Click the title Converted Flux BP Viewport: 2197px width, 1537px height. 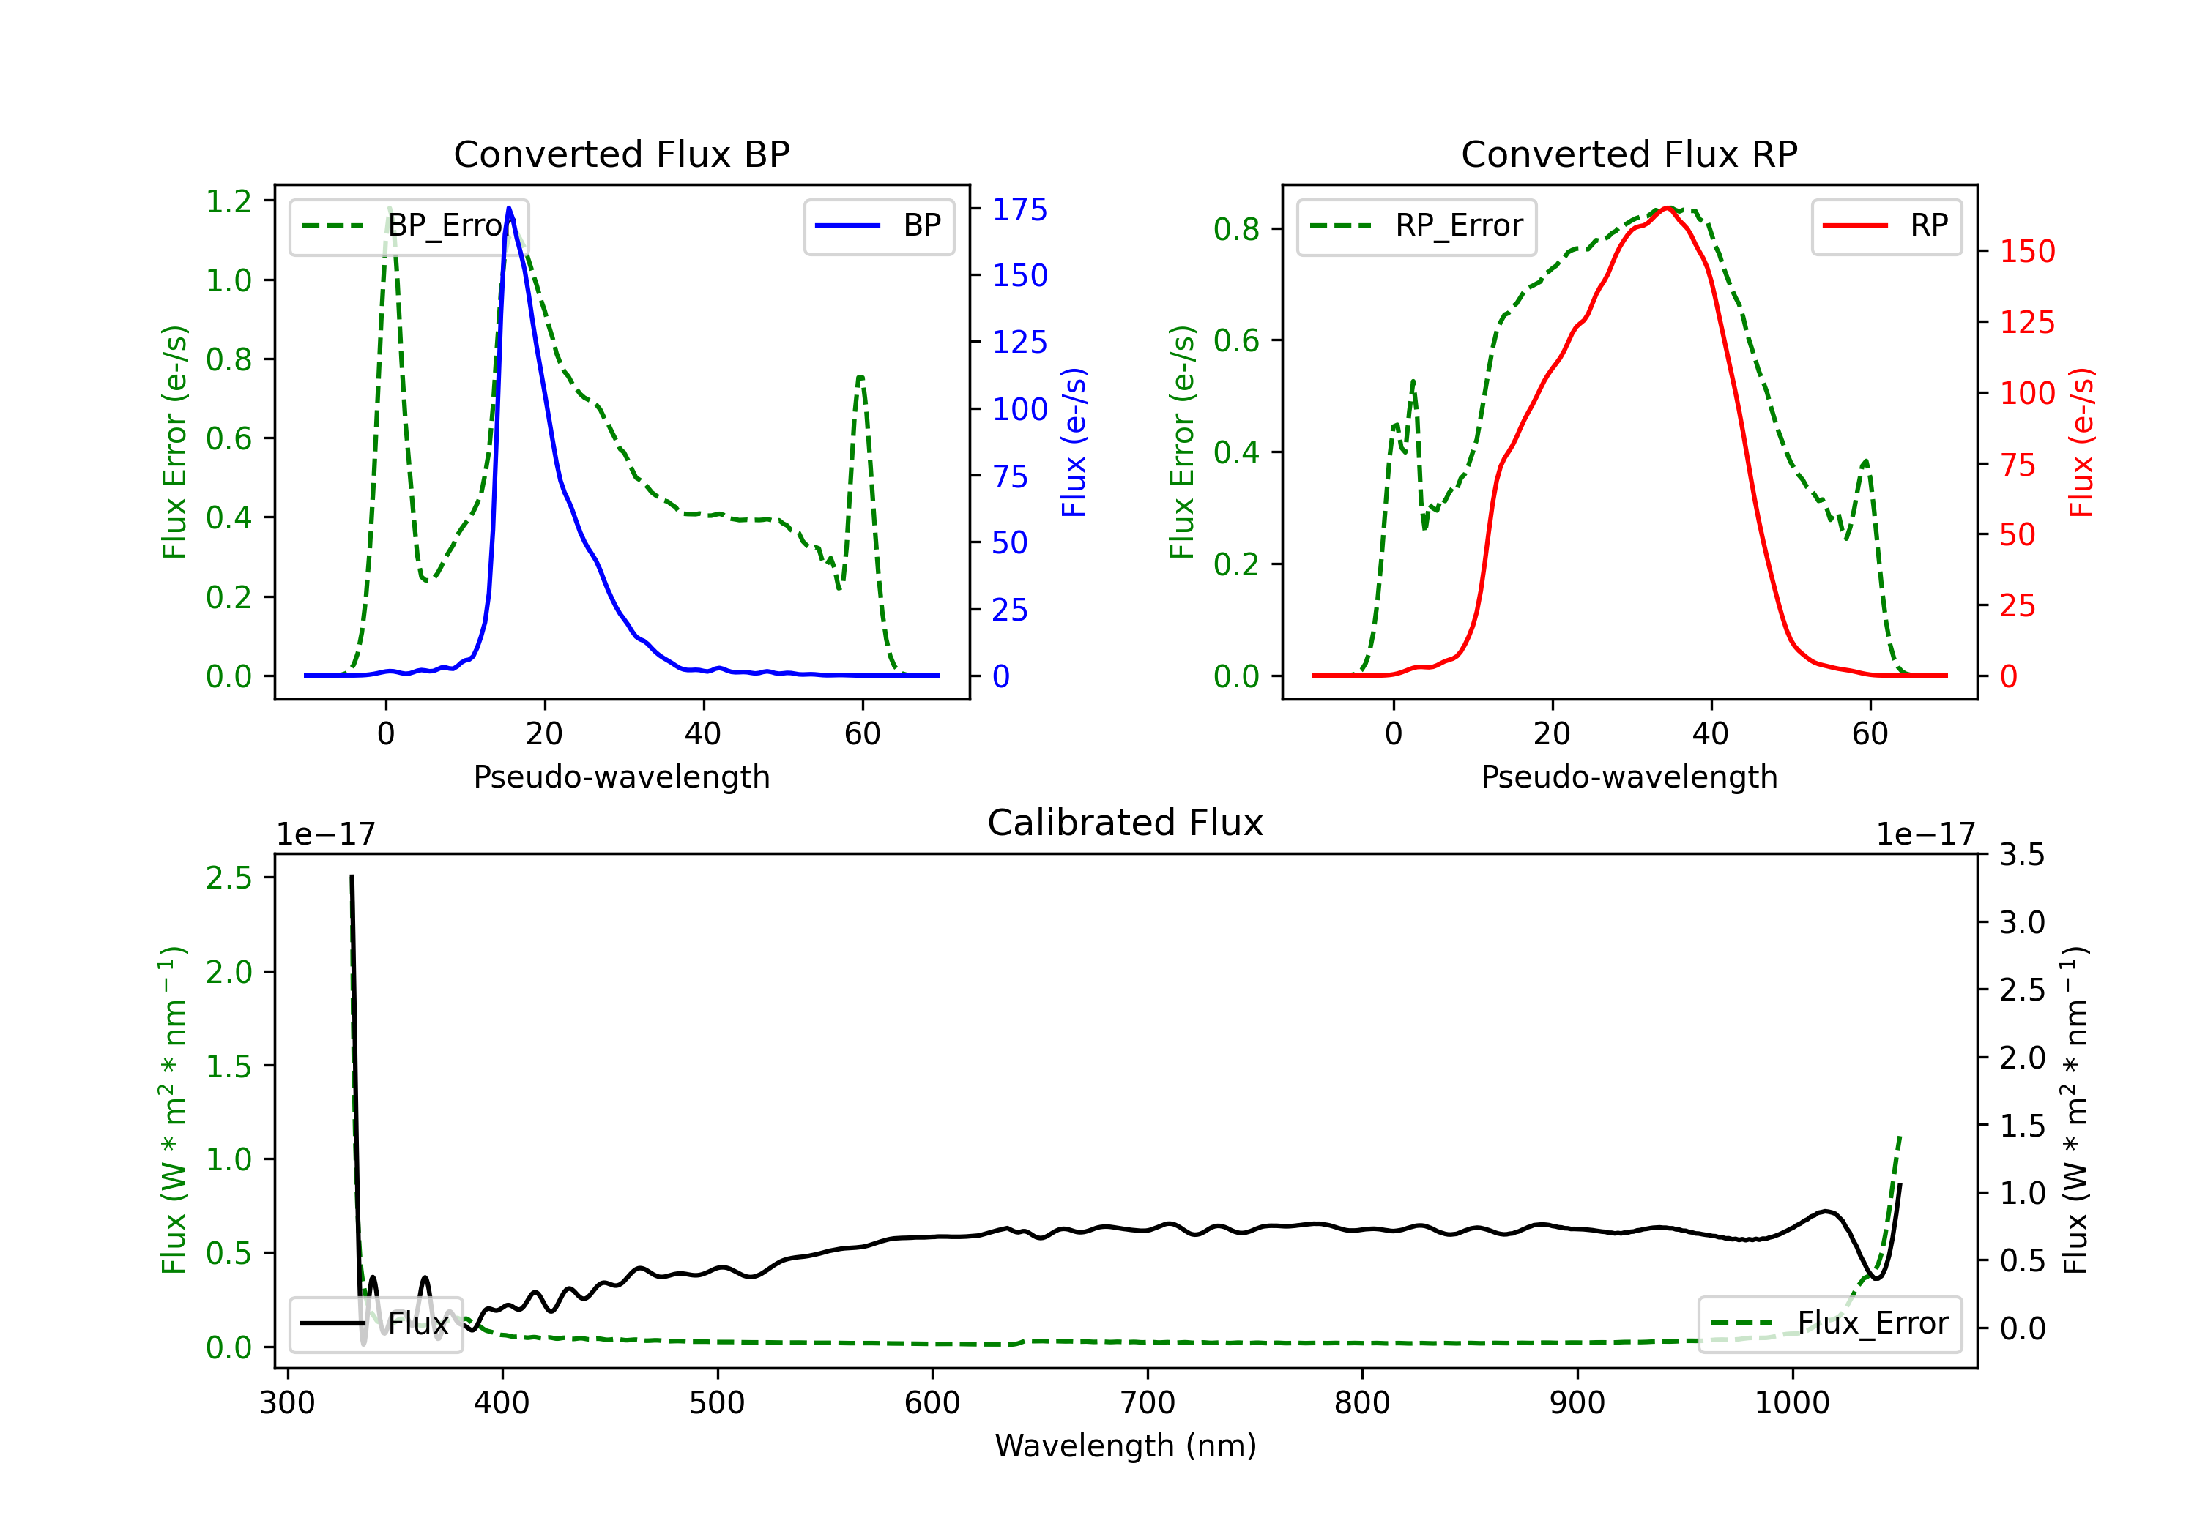[621, 154]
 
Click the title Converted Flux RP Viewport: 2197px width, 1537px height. [1629, 154]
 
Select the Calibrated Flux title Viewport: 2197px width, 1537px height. [1126, 823]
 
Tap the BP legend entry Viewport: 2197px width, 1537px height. [878, 225]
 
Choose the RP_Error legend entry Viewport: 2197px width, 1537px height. [1416, 225]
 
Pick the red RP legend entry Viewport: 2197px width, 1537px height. [1886, 225]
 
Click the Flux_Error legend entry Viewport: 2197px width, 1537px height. [1829, 1324]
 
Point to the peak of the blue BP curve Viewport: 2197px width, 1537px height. [509, 208]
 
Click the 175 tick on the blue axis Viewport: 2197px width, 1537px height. [1019, 209]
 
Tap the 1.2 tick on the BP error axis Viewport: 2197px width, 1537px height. [228, 202]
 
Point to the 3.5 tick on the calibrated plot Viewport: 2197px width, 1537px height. [2022, 854]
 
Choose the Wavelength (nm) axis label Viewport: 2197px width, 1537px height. [1126, 1446]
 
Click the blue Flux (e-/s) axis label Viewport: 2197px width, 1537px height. [1074, 442]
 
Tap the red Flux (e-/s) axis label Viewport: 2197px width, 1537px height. [2082, 442]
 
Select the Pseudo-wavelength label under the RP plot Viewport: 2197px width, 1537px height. [1629, 777]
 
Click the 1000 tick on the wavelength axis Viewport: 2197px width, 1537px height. [1792, 1403]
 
